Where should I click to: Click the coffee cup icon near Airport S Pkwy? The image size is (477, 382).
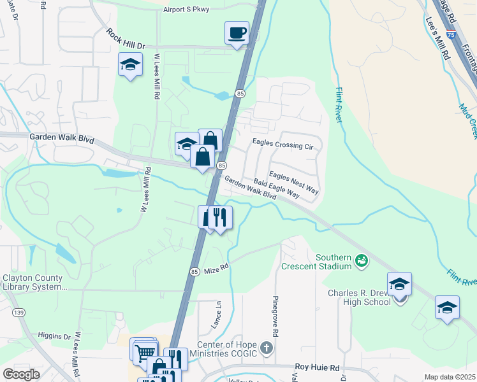[237, 32]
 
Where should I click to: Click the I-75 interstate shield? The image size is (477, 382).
[451, 36]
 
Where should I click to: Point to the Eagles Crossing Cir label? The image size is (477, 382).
[283, 145]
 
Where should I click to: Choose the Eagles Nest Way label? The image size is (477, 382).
[293, 182]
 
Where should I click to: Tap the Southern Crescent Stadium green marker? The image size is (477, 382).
[362, 260]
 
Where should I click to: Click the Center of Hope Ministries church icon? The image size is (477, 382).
[267, 349]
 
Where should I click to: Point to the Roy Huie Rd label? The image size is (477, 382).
[318, 367]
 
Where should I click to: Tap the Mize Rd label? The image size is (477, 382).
[216, 271]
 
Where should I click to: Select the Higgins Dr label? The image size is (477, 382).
[54, 336]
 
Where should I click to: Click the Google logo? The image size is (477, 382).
[21, 374]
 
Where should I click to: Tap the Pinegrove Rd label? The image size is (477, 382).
[275, 316]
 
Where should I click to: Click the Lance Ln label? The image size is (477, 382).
[216, 315]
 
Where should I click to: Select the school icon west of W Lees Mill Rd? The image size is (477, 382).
[130, 64]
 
